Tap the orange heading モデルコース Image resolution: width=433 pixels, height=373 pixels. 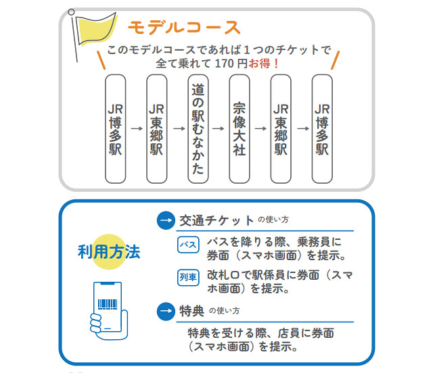click(184, 28)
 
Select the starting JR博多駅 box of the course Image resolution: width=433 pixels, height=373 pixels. click(116, 128)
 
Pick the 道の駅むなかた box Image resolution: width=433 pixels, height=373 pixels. click(198, 128)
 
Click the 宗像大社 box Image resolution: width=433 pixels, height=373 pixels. click(240, 128)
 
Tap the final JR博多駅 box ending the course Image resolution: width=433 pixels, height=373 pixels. click(322, 128)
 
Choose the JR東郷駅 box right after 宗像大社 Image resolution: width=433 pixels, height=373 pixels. click(281, 128)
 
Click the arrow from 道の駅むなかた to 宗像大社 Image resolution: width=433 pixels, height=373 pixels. click(219, 128)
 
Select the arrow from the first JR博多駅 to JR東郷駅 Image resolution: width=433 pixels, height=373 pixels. click(136, 128)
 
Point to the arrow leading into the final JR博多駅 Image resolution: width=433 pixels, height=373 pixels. click(301, 128)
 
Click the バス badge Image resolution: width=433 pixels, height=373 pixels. click(188, 245)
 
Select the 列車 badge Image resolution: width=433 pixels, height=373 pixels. click(188, 277)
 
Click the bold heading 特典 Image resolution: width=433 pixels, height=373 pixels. click(191, 311)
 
